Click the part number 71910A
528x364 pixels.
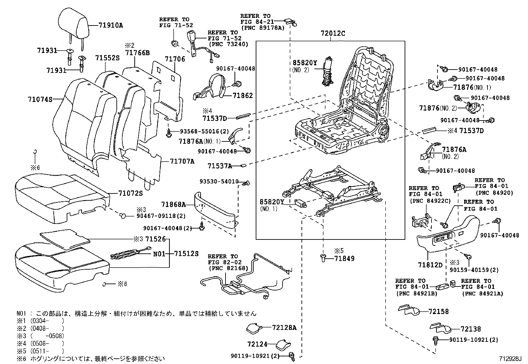[110, 25]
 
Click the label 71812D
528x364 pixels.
[430, 265]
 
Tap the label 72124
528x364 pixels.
[257, 344]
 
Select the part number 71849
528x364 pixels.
[344, 258]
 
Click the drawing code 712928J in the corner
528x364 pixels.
[511, 358]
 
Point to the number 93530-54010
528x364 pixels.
[219, 182]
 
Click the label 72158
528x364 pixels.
[438, 311]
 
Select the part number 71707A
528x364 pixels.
[182, 161]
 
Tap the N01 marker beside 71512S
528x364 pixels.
[159, 254]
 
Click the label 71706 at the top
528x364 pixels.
[175, 59]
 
